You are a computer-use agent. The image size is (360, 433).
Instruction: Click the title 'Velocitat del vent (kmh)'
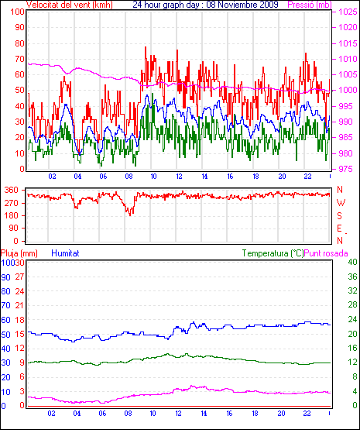(70, 5)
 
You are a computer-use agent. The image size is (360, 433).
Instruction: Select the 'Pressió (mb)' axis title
(310, 5)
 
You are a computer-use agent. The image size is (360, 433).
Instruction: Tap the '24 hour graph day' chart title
(166, 5)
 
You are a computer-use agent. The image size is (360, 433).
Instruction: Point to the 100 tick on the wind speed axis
(17, 12)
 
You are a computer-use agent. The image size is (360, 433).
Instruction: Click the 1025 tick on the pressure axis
(348, 12)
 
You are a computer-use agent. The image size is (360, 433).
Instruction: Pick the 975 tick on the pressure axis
(345, 169)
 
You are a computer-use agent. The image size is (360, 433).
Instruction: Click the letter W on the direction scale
(341, 203)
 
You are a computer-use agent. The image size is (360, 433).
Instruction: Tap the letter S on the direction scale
(339, 215)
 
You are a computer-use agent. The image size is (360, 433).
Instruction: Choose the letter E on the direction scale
(339, 229)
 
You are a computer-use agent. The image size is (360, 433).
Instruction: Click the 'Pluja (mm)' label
(19, 253)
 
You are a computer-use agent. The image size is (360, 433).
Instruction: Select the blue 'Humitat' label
(66, 253)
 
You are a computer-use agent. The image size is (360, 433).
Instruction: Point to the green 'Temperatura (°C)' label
(273, 253)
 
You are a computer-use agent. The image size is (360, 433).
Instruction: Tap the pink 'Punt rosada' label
(326, 253)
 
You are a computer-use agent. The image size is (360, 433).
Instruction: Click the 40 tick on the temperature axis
(352, 262)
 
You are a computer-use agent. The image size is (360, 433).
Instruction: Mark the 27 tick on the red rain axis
(19, 277)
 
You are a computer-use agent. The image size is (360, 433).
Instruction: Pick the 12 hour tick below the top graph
(179, 176)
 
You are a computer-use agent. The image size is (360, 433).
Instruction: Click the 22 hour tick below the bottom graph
(307, 414)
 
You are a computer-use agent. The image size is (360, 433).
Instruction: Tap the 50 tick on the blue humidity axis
(5, 335)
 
